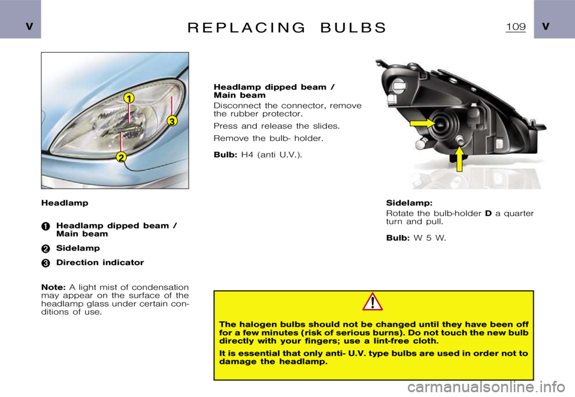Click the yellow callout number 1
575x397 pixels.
(129, 97)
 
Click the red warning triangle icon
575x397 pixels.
(373, 302)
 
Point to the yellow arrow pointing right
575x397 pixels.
(423, 124)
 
